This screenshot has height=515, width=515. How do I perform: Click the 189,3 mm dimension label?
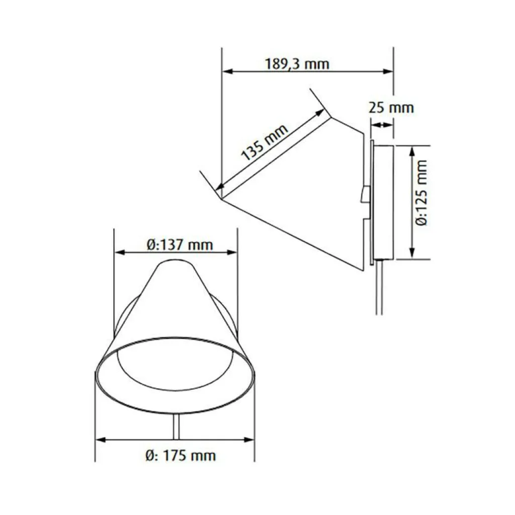[297, 63]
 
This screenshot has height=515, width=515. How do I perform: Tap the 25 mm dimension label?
[391, 108]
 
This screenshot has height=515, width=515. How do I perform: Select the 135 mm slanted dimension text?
[265, 142]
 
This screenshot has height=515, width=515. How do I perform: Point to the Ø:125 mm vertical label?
[421, 193]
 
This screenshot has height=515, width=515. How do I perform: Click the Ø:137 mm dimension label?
[180, 245]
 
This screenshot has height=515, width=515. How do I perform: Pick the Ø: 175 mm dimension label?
[181, 456]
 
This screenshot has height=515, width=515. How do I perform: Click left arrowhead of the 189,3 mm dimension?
[227, 71]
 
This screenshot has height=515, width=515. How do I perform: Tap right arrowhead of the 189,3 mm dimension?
[388, 71]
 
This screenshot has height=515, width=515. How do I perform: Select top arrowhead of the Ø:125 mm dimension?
[412, 151]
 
